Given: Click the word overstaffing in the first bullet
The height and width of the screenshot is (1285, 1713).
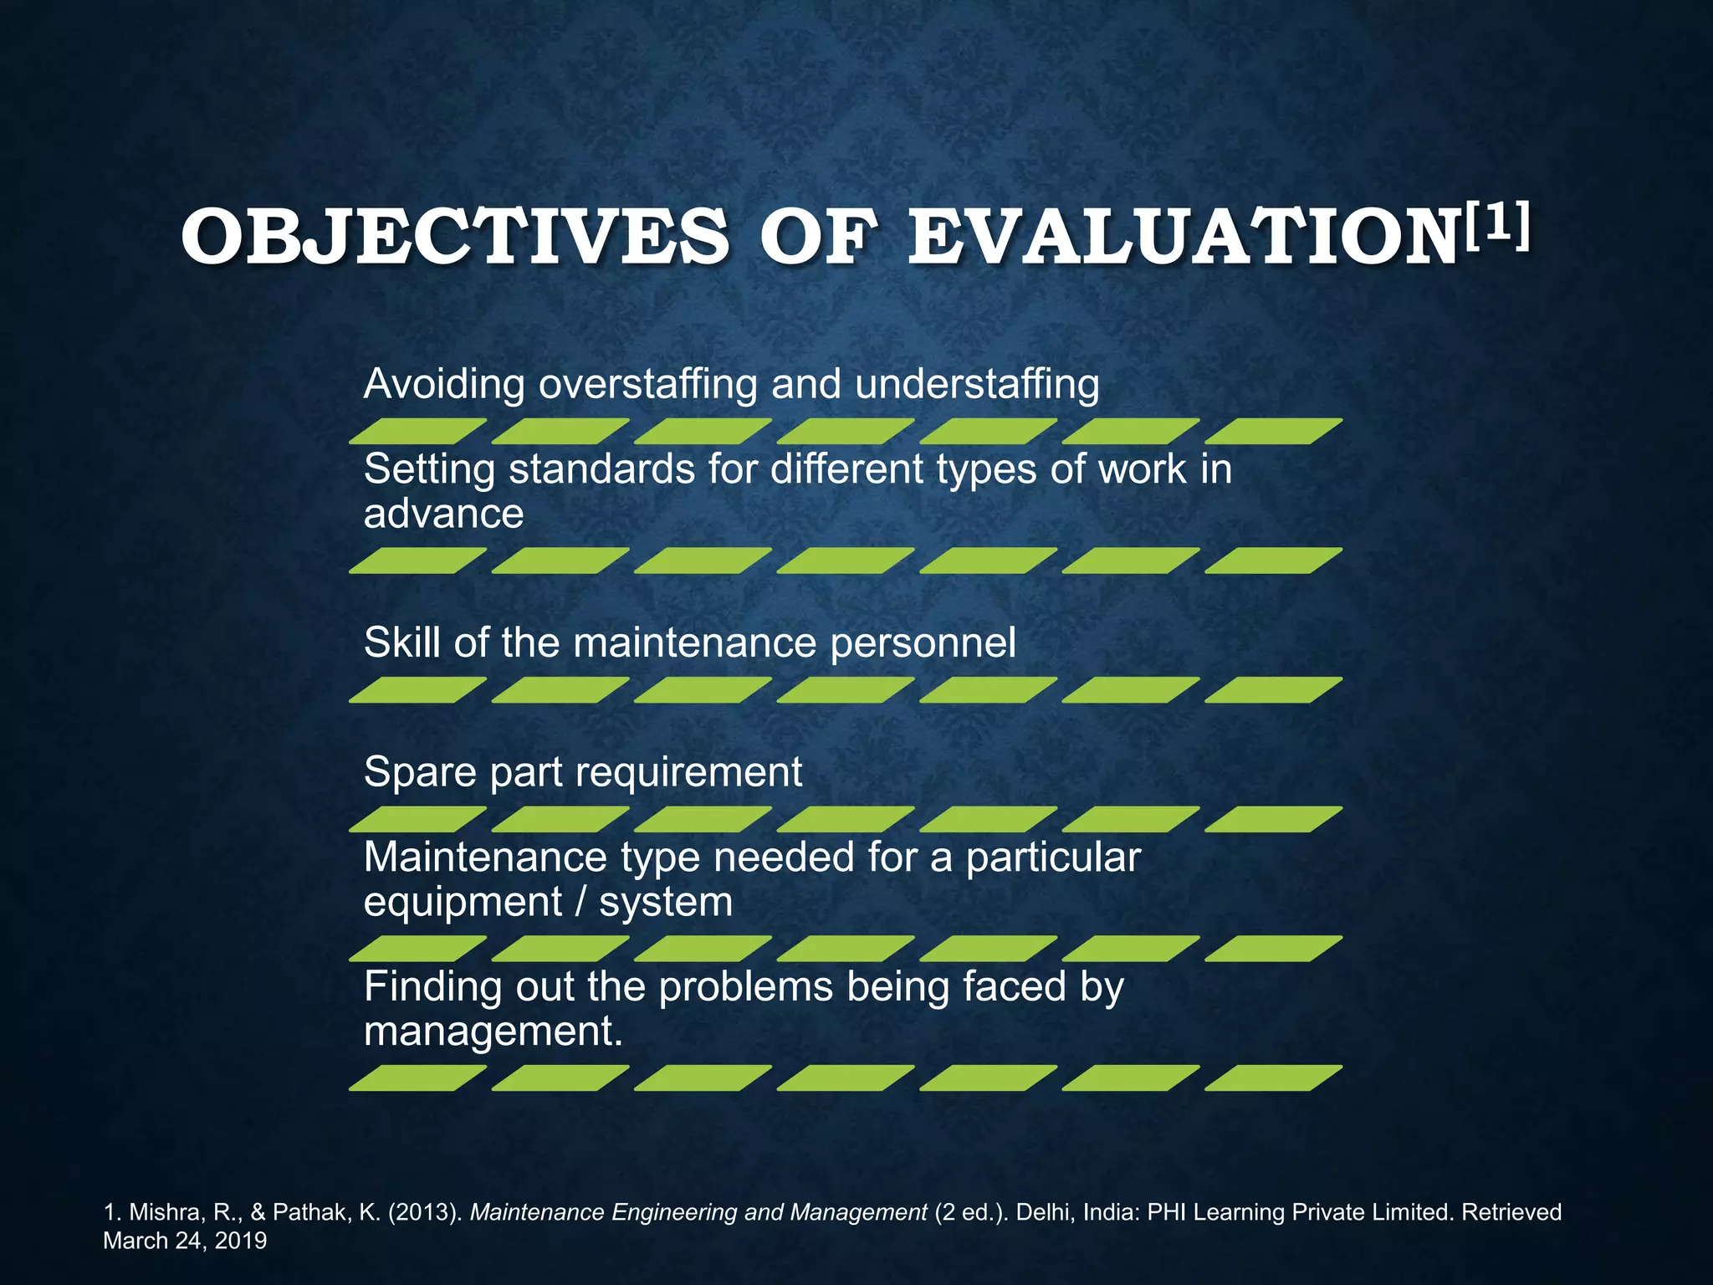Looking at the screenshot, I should point(648,384).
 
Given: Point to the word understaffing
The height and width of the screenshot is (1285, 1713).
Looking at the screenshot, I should point(976,384).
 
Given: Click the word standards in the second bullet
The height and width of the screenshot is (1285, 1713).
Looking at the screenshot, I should point(601,468).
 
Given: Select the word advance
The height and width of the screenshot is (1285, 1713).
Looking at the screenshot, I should point(443,513).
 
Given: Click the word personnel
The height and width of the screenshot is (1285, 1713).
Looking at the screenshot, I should point(923,642).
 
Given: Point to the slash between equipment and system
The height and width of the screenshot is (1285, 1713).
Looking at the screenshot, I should point(582,902).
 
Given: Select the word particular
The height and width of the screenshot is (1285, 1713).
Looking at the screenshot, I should point(1053,858).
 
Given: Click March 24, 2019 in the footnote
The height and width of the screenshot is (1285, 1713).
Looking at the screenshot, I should point(185,1241).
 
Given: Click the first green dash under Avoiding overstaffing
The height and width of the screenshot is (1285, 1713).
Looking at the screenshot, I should point(417,431).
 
